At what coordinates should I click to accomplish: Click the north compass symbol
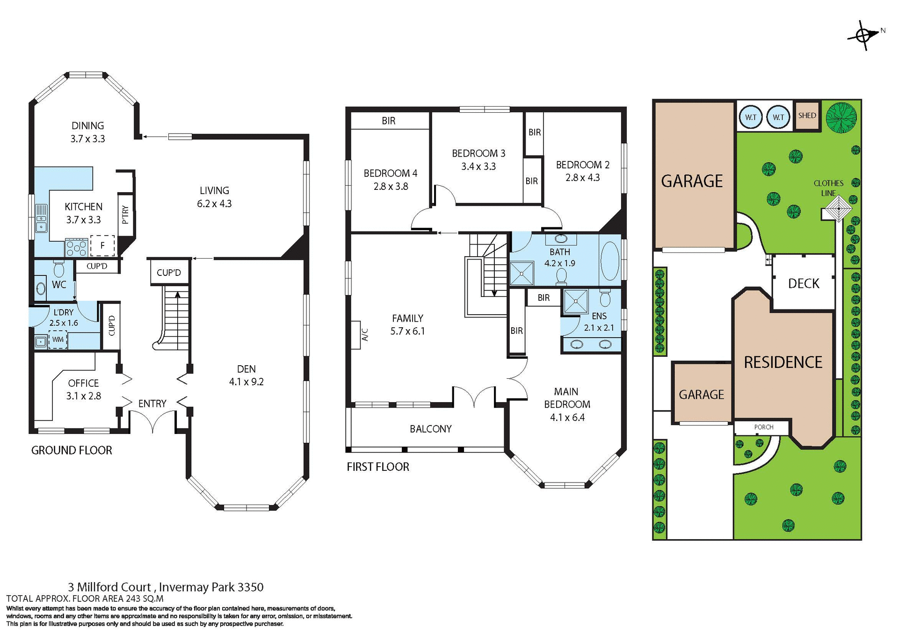[864, 35]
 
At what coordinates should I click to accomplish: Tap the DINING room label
[87, 125]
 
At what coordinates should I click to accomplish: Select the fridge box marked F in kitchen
[102, 245]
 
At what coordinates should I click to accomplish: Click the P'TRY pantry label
[125, 215]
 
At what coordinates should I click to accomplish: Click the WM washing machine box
[58, 339]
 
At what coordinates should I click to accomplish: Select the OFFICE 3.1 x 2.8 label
[83, 389]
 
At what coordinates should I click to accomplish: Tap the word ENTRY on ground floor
[152, 404]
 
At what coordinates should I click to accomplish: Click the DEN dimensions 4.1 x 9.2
[246, 382]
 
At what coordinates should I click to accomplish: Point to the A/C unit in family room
[356, 335]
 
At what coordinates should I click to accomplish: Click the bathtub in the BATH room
[609, 260]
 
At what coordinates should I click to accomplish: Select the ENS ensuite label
[599, 316]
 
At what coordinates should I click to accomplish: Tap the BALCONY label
[430, 429]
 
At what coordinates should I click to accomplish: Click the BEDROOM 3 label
[478, 153]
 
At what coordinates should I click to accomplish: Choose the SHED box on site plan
[807, 115]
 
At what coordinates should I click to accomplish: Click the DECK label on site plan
[804, 283]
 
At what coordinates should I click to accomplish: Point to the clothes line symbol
[839, 209]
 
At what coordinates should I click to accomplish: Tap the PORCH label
[763, 427]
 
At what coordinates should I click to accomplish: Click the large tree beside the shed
[841, 118]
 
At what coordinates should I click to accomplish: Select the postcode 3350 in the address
[250, 587]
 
